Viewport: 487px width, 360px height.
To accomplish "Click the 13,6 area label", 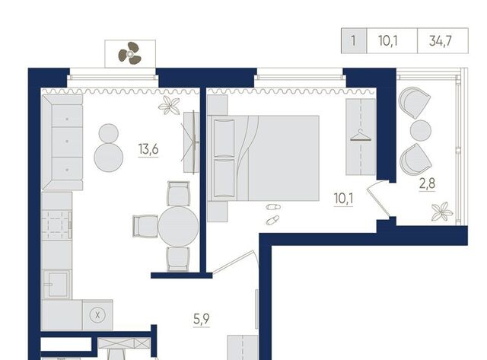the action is (x=148, y=149).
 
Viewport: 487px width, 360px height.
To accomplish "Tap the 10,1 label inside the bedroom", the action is (x=343, y=199).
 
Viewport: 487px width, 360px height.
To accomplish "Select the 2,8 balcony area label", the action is (x=428, y=184).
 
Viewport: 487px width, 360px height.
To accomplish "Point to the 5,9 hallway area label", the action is (x=201, y=319).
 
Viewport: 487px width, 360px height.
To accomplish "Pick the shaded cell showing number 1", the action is (x=353, y=40).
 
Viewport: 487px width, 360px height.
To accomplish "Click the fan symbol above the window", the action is (x=130, y=53).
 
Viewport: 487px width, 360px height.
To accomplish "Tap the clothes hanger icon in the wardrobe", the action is (x=361, y=135).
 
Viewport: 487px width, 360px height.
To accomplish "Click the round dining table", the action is (x=178, y=227).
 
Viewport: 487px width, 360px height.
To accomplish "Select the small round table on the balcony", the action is (x=421, y=130).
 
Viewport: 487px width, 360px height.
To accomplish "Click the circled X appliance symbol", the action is (x=97, y=315).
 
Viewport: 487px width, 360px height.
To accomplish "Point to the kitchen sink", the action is (x=57, y=284).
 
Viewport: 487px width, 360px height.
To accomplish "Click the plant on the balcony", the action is (x=441, y=212).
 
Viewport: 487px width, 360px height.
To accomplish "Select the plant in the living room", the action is (x=169, y=105).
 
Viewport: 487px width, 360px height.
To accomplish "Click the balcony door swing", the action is (x=378, y=199).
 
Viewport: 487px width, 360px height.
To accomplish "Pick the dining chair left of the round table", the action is (x=145, y=226).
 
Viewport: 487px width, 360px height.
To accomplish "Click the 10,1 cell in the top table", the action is (x=392, y=40).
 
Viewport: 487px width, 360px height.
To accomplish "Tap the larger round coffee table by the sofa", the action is (x=108, y=158).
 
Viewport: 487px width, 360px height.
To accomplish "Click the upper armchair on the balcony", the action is (x=414, y=101).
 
